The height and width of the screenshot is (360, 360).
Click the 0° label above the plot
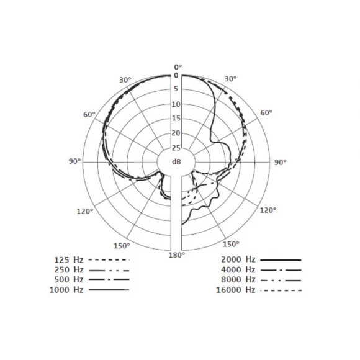coord(178,67)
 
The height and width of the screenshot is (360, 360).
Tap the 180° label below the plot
coord(177,255)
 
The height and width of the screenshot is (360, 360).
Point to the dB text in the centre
coord(176,162)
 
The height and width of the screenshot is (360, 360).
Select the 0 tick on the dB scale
coord(176,75)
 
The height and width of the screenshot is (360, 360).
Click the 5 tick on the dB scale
coord(176,89)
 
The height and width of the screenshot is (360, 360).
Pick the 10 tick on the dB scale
coord(176,104)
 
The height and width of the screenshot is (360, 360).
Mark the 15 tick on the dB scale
coord(176,118)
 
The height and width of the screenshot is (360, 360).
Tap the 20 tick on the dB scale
coord(176,133)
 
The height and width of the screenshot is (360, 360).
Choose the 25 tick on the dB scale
coord(176,148)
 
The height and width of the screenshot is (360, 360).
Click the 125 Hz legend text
coord(69,260)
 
